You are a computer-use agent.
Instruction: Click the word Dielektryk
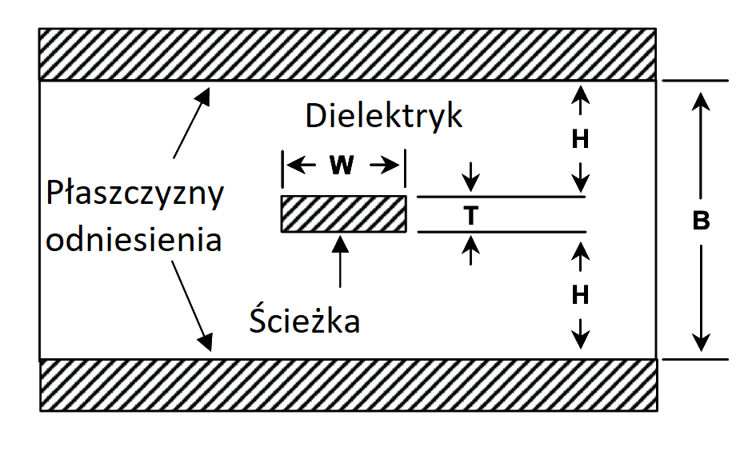pos(384,116)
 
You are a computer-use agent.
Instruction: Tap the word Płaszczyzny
pos(135,194)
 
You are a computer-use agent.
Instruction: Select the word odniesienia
pos(134,238)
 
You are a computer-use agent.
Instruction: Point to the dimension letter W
pos(342,166)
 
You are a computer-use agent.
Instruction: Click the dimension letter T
pos(471,216)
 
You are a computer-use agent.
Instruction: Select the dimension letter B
pos(701,222)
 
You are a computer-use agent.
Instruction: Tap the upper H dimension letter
pos(580,139)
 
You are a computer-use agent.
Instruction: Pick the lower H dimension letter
pos(580,295)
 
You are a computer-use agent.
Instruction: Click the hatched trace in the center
pos(344,214)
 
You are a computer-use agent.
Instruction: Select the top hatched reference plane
pos(347,54)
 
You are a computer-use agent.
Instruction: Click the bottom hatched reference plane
pos(348,385)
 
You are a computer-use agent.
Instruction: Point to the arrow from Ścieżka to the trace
pos(341,261)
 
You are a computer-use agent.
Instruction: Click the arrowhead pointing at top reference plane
pos(204,96)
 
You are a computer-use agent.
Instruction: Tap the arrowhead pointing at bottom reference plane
pos(205,342)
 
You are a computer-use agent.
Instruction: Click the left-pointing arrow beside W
pos(301,166)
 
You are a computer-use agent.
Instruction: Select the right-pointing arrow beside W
pos(384,166)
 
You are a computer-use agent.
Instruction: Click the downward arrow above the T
pos(471,178)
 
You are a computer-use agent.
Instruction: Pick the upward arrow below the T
pos(471,250)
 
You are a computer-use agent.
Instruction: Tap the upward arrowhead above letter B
pos(701,101)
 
